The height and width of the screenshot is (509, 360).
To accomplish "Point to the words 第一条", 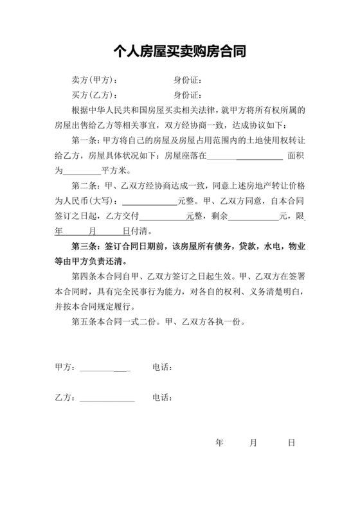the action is point(84,140).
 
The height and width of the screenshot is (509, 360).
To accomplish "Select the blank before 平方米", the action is point(82,172).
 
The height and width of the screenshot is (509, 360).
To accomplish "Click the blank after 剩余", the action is point(253,217).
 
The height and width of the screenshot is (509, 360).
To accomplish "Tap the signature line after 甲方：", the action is point(105,368).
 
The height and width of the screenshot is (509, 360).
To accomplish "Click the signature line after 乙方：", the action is point(107,398).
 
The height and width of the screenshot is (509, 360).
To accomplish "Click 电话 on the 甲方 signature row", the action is point(162,368).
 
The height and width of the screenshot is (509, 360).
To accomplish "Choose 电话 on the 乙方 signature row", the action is point(162,398).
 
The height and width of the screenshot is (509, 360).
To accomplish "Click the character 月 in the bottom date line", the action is point(254,443).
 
